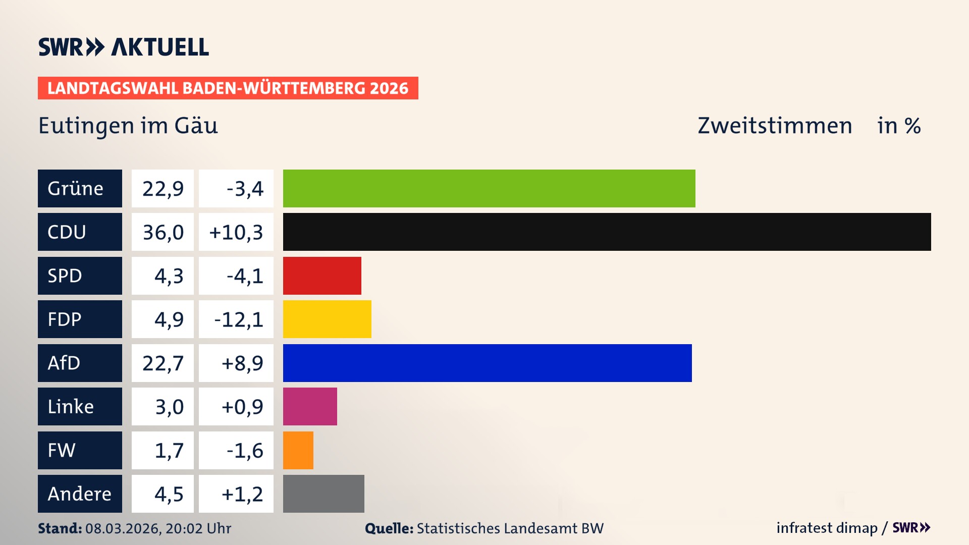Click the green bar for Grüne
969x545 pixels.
tap(489, 188)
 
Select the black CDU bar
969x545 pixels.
tap(607, 232)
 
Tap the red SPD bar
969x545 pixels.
tap(322, 276)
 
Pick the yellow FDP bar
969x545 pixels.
tap(327, 319)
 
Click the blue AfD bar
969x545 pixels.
tap(487, 363)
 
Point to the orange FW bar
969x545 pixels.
tap(298, 450)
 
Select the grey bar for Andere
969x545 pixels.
tap(324, 494)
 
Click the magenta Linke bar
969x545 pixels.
tap(310, 406)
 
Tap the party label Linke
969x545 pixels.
tap(71, 406)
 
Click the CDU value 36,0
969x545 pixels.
tap(163, 232)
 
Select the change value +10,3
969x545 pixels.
tap(236, 232)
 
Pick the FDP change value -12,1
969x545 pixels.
tap(239, 319)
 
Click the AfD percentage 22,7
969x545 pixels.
tap(163, 363)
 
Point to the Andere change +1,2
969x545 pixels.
tap(242, 494)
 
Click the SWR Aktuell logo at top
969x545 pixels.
tap(124, 47)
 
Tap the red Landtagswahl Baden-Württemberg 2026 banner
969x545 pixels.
tap(228, 88)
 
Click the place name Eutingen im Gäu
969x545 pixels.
tap(128, 126)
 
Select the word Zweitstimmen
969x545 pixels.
tap(775, 126)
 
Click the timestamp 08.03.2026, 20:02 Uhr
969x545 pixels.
tap(158, 528)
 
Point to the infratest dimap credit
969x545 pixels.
tap(827, 528)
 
